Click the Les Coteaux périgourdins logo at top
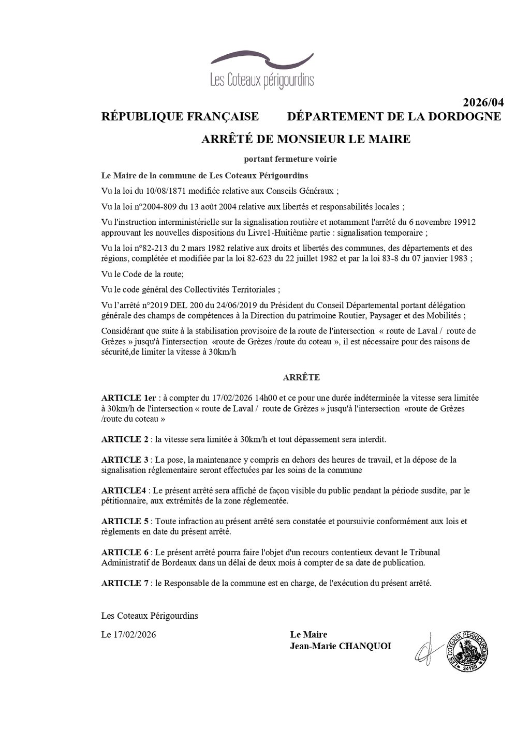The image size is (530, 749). pos(262,70)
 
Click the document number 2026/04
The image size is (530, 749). pos(482,102)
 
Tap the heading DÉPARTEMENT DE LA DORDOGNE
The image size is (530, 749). pos(394,116)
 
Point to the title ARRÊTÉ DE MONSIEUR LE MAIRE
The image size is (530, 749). pos(305,139)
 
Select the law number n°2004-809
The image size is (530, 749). pos(154,207)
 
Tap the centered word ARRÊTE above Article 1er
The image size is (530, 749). pos(301,377)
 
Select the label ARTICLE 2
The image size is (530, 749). pos(125,439)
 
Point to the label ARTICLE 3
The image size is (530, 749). pos(125,460)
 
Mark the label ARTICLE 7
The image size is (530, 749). pos(125,583)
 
